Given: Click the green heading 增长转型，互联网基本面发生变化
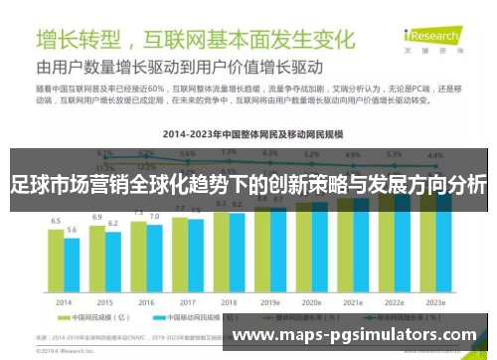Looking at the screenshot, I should click(194, 41).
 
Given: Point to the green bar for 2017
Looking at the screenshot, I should click(180, 254).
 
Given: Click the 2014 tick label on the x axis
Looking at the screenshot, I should click(64, 302).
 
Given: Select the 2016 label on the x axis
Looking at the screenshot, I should click(146, 302).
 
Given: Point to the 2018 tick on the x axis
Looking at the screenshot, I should click(229, 302).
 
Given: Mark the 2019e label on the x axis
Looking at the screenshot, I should click(270, 302).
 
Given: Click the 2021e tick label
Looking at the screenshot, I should click(353, 302).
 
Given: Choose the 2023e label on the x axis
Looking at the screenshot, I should click(434, 302).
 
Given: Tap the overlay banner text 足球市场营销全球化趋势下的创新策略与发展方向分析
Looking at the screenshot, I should click(248, 185).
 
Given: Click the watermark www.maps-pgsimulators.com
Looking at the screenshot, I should click(354, 335).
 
